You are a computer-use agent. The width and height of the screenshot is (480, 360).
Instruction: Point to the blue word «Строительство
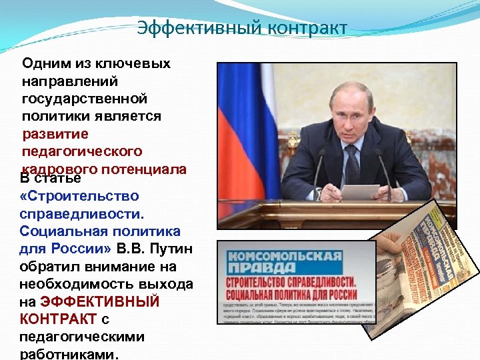[x=79, y=197]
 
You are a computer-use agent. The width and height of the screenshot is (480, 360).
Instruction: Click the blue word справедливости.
[x=82, y=214]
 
